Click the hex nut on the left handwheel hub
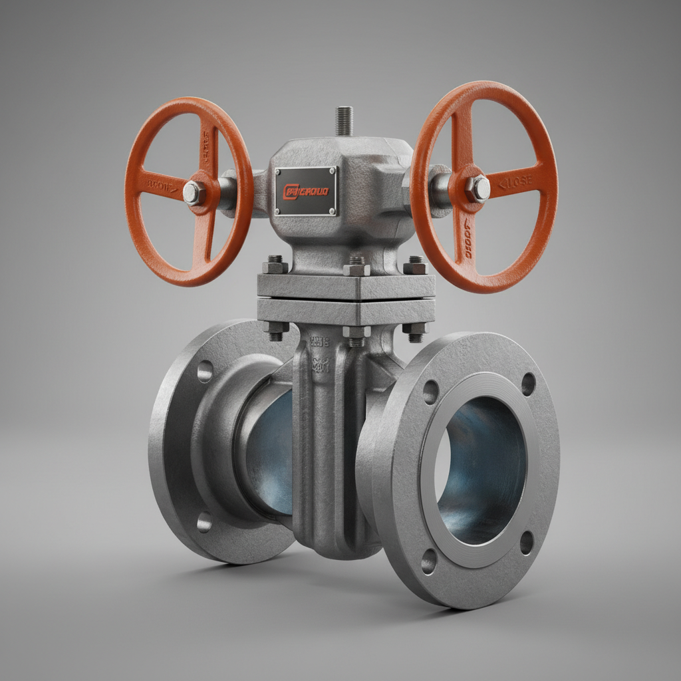coord(193,193)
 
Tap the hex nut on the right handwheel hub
coord(477,188)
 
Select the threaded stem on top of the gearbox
coord(344,121)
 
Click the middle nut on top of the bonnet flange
coord(356,268)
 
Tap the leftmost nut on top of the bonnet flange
coord(275,265)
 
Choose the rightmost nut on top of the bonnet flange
coord(414,266)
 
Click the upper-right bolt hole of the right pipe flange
coord(529,384)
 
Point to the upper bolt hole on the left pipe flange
coord(205,371)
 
